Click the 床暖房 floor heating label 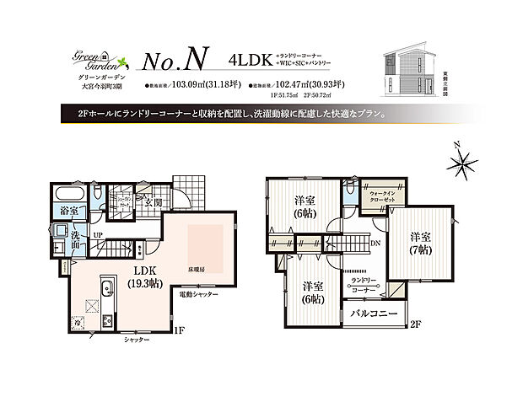click(x=198, y=271)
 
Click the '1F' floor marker click(x=179, y=331)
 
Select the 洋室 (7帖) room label click(x=421, y=244)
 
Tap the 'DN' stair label click(x=375, y=243)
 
